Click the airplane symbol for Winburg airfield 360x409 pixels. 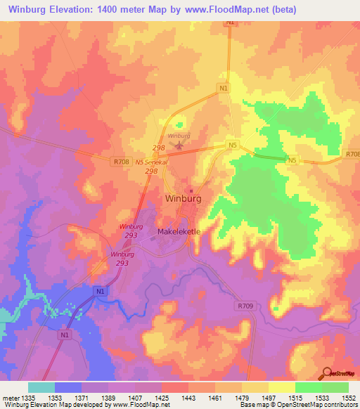[179, 145]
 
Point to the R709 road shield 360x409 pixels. [245, 306]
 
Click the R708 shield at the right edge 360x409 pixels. [352, 154]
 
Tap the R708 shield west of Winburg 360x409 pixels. [120, 161]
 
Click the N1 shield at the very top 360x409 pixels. [231, 22]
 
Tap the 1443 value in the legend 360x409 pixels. [188, 398]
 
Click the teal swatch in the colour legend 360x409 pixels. [41, 387]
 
